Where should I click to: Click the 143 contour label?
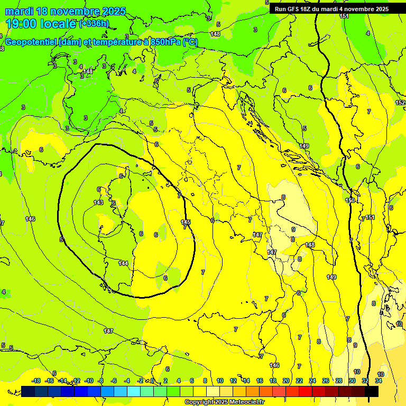[x=98, y=202]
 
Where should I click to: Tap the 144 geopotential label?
[x=123, y=263]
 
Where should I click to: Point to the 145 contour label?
[x=185, y=222]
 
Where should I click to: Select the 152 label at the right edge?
[x=400, y=103]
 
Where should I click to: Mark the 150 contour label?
[x=350, y=200]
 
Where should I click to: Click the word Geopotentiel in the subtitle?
[x=32, y=42]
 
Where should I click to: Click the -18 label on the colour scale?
[x=36, y=381]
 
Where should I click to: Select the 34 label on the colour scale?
[x=379, y=381]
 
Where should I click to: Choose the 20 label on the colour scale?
[x=286, y=381]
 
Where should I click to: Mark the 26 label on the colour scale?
[x=326, y=381]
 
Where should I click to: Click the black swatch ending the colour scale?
[x=372, y=391]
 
